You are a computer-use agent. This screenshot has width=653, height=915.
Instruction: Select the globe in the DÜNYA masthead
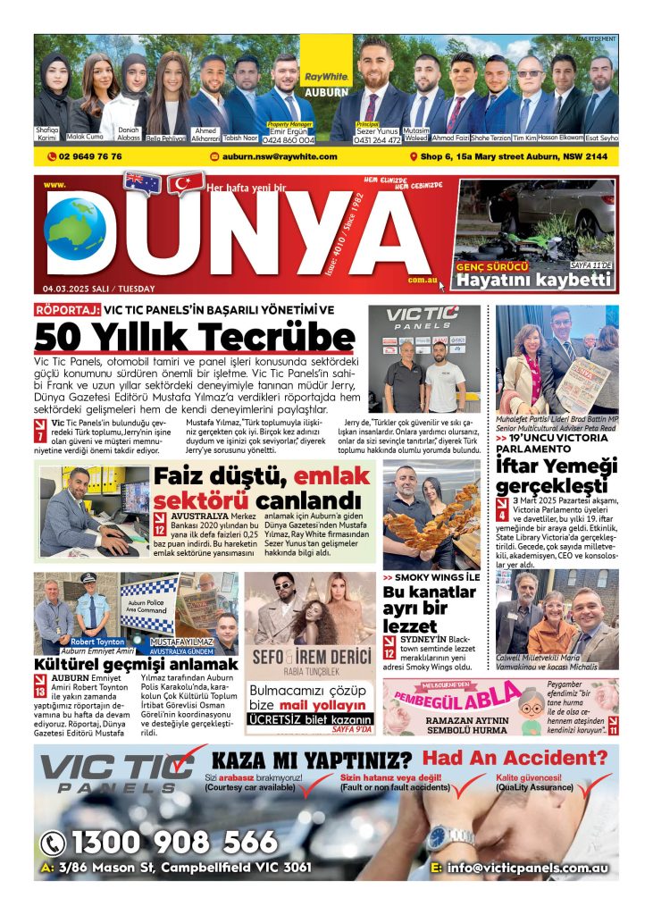[x=75, y=229]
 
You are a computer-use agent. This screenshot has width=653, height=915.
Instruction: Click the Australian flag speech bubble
[x=143, y=183]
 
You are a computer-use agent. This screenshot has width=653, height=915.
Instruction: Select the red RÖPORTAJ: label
[x=67, y=310]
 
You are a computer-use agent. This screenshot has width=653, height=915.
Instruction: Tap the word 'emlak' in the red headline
[x=321, y=476]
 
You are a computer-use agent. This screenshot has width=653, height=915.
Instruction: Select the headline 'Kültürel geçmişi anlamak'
[x=136, y=665]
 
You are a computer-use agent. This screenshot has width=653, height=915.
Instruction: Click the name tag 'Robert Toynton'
[x=97, y=642]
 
